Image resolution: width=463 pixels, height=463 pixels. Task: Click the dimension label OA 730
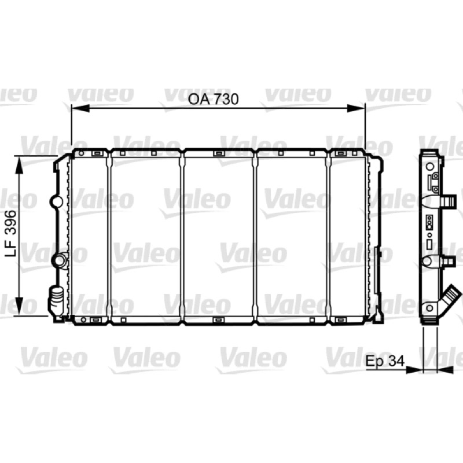click(213, 99)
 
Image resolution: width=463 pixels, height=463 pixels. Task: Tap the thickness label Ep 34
click(385, 361)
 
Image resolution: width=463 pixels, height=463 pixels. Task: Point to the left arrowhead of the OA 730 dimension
click(80, 108)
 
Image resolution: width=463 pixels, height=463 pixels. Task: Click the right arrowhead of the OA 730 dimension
click(356, 108)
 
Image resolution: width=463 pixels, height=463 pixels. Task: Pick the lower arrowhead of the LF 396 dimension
click(19, 306)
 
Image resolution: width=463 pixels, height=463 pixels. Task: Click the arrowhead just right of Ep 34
click(414, 370)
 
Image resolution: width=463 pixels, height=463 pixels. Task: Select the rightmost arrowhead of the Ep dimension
click(445, 370)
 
